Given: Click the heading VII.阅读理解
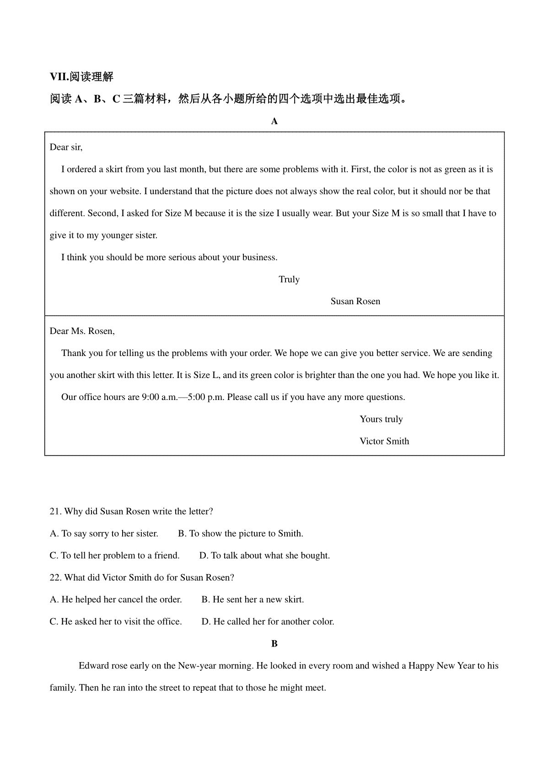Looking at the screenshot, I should (81, 77).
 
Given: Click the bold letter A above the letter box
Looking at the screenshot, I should (274, 121).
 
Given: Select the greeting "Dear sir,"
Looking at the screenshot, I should (66, 147).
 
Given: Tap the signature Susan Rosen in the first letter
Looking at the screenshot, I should (355, 301).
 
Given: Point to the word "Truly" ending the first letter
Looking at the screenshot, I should (289, 279).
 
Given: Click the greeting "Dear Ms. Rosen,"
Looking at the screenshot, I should (82, 331).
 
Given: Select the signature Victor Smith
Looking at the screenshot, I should (384, 441).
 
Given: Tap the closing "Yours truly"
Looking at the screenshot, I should (381, 419).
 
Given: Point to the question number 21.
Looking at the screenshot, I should (55, 511).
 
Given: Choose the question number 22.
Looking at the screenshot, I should (55, 578).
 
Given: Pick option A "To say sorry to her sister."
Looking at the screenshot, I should (104, 534).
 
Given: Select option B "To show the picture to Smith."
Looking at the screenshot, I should (241, 534).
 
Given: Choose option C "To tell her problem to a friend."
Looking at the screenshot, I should (114, 556).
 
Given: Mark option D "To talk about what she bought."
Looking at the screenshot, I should (264, 556).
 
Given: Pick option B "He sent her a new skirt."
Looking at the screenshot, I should (253, 600).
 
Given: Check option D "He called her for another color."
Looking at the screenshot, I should (268, 622).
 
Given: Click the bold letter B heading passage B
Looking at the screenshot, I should (274, 644).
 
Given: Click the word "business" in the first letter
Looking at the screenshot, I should (258, 258).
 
